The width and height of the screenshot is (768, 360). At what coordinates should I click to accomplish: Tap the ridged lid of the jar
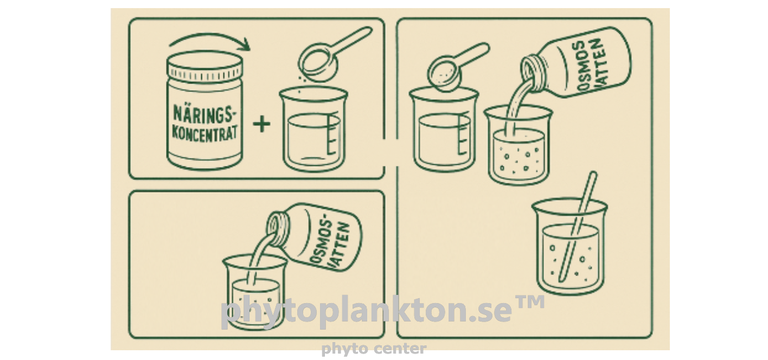tap(204, 66)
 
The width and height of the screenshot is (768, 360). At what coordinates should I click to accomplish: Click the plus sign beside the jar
tap(261, 124)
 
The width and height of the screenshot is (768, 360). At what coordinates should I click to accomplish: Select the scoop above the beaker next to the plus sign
tap(329, 55)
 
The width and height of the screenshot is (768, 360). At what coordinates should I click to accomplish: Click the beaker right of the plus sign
tap(313, 129)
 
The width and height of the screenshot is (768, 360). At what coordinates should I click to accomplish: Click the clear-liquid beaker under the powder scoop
tap(444, 130)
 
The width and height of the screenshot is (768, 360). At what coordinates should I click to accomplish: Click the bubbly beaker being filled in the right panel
tap(518, 146)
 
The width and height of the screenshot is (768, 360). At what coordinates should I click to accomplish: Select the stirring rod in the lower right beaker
tap(578, 226)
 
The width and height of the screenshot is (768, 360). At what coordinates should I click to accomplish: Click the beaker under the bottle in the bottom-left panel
tap(255, 292)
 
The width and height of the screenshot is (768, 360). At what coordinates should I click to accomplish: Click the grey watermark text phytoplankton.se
tap(366, 311)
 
